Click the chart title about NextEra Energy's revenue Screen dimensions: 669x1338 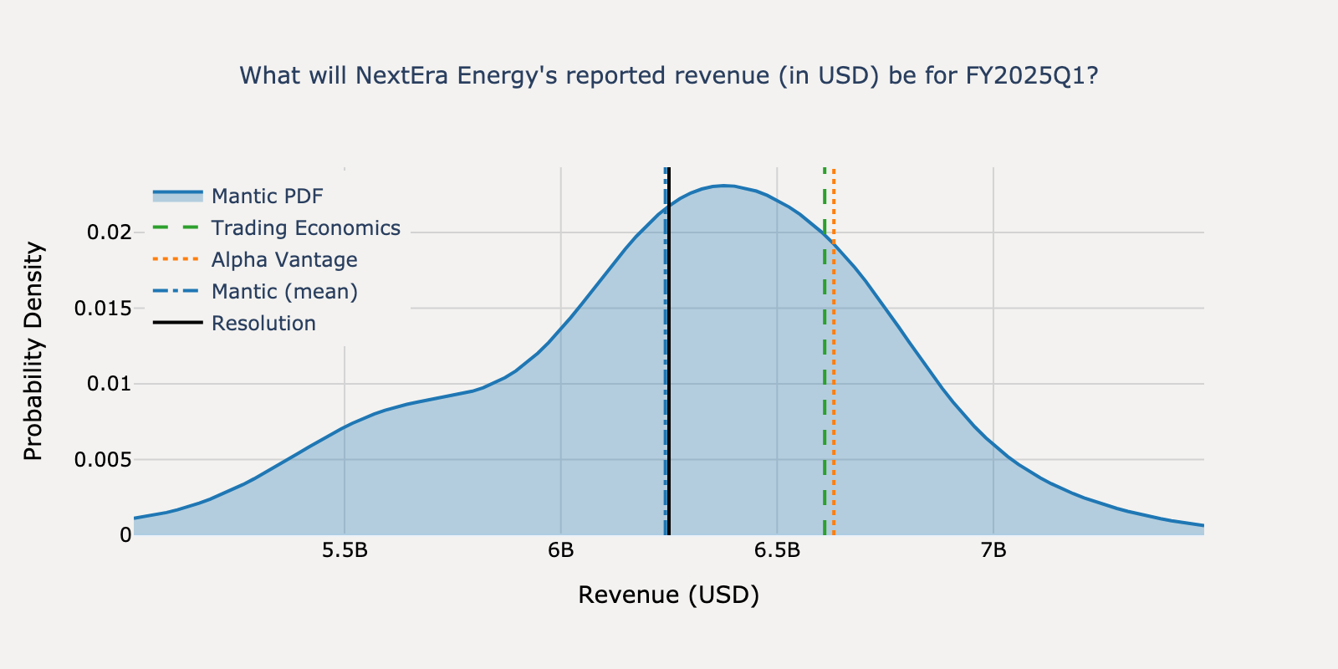tap(668, 76)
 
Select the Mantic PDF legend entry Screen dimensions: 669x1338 tap(267, 197)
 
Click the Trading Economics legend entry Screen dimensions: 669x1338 tap(305, 228)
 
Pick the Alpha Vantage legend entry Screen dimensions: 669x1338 tap(283, 260)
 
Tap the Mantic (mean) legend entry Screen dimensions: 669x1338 tap(283, 292)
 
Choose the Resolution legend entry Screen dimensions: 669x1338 tap(263, 324)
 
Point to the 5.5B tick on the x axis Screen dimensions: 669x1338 tap(345, 551)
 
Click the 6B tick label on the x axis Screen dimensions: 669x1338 tap(561, 551)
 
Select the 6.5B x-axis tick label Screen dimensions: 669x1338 tap(777, 551)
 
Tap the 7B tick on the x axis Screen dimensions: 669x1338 tap(993, 551)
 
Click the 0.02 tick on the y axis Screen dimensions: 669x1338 tap(110, 232)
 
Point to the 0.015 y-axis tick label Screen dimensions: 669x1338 tap(103, 309)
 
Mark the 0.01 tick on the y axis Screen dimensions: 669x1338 tap(110, 384)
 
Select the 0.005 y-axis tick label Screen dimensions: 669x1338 tap(103, 460)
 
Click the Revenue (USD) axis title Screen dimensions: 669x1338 tap(668, 595)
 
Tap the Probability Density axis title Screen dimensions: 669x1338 tap(33, 351)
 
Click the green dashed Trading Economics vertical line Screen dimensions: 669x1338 tap(825, 376)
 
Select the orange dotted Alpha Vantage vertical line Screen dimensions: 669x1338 tap(834, 376)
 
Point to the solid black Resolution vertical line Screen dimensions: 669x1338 tap(670, 376)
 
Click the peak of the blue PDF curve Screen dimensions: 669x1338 tap(724, 186)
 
